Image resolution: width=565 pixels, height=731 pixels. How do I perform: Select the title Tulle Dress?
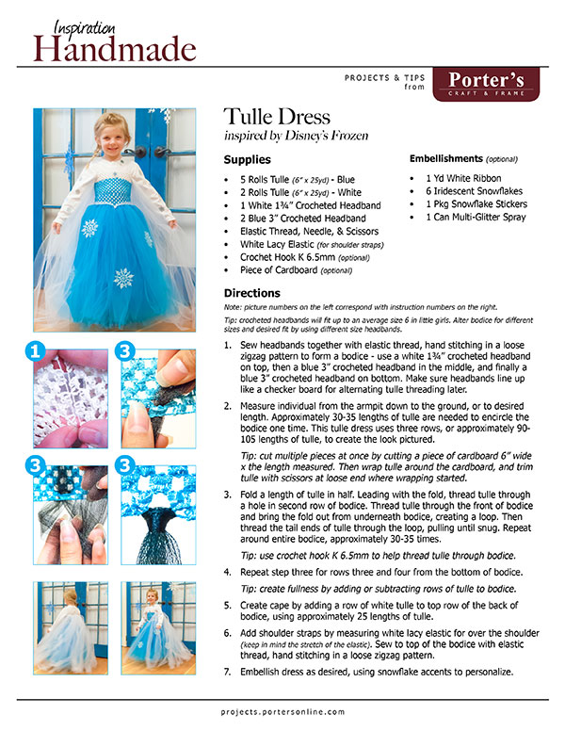click(x=277, y=118)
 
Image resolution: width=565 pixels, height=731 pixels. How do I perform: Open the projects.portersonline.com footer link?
click(x=282, y=713)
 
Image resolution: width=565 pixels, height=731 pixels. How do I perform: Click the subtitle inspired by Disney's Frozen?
click(x=296, y=136)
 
